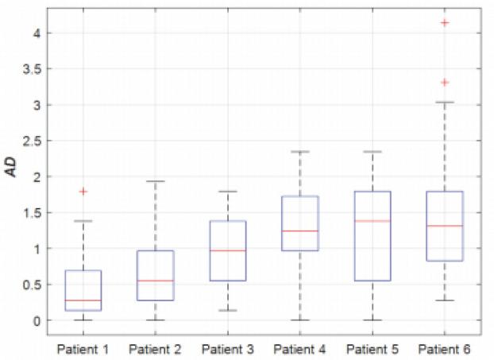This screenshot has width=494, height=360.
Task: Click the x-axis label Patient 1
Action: [x=83, y=350]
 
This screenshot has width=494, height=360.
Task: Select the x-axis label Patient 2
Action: [x=156, y=350]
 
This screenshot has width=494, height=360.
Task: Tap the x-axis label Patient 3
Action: [x=228, y=350]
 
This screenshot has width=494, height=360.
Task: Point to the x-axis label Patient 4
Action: [x=300, y=350]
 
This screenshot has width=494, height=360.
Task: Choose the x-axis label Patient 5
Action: [x=372, y=350]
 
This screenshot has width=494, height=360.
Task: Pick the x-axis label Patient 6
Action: [x=445, y=350]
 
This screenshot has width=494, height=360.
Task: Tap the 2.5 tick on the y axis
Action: [x=33, y=141]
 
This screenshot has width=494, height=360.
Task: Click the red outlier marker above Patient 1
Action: [x=83, y=192]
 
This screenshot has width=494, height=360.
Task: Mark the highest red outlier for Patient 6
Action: [x=445, y=22]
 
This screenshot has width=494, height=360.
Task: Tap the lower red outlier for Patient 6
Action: [x=445, y=83]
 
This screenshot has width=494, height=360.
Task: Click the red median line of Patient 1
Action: [x=83, y=300]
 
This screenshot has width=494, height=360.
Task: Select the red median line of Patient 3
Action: [x=228, y=250]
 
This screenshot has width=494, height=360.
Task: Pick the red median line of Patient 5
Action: [x=372, y=220]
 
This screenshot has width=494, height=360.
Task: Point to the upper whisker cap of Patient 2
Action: [x=156, y=181]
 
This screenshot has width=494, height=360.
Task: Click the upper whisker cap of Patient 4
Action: [x=300, y=151]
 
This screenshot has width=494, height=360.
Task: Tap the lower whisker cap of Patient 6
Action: [x=445, y=300]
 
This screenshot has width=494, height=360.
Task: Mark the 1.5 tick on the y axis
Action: [x=33, y=212]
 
